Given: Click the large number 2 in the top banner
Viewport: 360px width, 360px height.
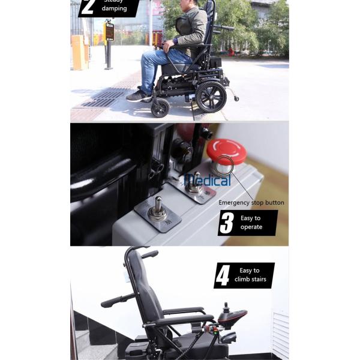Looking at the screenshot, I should [x=88, y=7].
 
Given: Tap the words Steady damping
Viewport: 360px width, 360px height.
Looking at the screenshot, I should [x=115, y=7].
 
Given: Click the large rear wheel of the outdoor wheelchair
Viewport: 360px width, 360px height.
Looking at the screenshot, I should [x=211, y=95].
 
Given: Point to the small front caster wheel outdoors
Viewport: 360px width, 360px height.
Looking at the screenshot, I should [x=160, y=108].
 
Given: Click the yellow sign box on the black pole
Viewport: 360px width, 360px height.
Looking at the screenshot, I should [x=109, y=31].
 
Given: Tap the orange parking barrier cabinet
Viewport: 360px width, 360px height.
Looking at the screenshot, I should [x=79, y=52].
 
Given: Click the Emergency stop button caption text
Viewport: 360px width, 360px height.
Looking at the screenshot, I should [x=251, y=203].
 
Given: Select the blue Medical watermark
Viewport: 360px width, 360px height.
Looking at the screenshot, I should [x=207, y=180].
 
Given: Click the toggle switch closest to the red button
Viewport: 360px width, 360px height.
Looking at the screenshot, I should [x=194, y=184].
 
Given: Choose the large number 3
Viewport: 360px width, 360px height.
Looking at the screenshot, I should [x=227, y=223].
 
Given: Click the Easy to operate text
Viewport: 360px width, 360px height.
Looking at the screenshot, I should [x=251, y=223].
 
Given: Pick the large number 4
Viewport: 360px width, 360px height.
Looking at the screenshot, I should [x=223, y=275].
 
